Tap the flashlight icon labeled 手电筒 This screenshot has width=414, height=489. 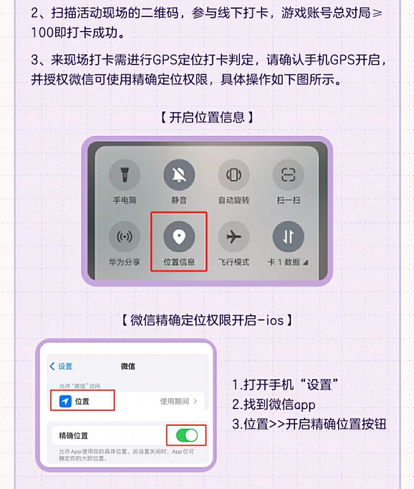tap(124, 175)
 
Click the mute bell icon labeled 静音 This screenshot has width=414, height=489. tap(179, 175)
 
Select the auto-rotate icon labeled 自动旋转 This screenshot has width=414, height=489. tap(233, 175)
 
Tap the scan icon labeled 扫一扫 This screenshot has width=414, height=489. tap(287, 175)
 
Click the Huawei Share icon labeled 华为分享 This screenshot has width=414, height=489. tap(124, 236)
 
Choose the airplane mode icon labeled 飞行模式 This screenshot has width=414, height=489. tap(233, 236)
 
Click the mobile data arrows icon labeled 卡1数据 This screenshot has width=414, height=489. tap(287, 236)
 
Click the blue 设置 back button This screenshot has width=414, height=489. tap(61, 366)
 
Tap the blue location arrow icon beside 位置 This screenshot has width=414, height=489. tap(66, 401)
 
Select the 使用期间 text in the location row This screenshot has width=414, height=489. tap(174, 401)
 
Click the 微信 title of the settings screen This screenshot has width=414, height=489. tap(128, 366)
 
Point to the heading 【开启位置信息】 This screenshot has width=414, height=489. tap(207, 117)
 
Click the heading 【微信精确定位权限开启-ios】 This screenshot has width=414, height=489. tap(207, 320)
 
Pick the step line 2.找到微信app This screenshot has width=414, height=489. tap(274, 404)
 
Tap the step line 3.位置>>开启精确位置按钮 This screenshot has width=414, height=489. tap(309, 425)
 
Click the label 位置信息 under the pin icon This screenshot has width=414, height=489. tap(179, 262)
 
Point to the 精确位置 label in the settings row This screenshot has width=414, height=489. tap(74, 435)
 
